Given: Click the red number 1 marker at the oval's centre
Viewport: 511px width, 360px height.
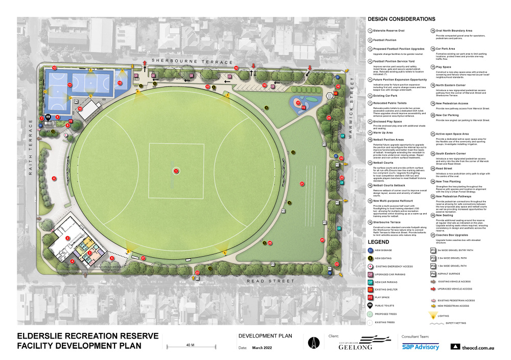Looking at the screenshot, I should [176, 171].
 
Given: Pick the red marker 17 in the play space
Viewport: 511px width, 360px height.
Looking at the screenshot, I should [297, 103].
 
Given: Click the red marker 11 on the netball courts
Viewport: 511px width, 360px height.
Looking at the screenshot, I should [69, 84].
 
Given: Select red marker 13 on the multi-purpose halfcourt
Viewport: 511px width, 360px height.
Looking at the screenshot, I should [120, 82].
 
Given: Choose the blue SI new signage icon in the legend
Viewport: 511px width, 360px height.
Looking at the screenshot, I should [370, 250].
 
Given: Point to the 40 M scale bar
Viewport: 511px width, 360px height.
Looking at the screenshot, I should [190, 348].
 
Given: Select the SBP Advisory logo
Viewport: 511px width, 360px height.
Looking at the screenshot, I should [420, 347].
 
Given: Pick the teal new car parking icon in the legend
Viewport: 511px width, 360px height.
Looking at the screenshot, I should [370, 282].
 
